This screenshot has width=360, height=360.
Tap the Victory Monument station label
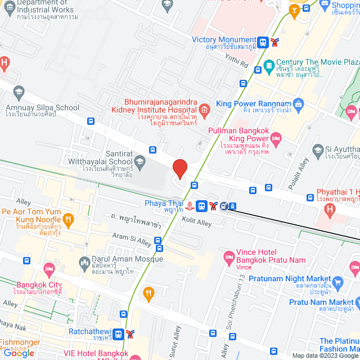[224, 40]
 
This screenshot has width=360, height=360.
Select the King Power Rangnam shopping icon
[298, 104]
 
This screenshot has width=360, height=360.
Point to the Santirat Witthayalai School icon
[140, 162]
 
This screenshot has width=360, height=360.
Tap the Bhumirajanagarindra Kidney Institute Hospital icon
[204, 109]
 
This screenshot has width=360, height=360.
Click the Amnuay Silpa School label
[42, 107]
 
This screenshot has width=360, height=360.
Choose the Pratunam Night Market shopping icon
[337, 281]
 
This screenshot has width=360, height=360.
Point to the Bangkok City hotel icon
[49, 268]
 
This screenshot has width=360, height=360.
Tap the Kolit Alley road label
[197, 223]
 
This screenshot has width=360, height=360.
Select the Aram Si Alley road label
[132, 238]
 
